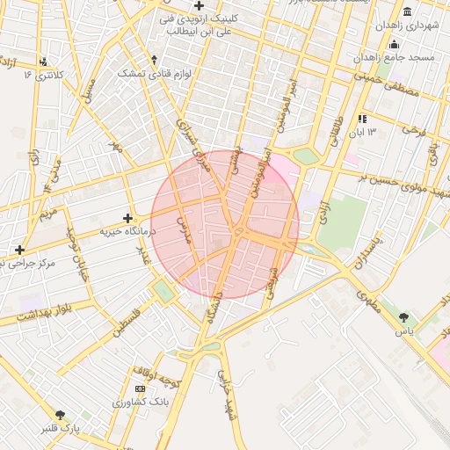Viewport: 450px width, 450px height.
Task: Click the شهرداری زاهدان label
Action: [x=418, y=26]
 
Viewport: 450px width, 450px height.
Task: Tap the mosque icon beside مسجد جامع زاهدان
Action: [x=394, y=44]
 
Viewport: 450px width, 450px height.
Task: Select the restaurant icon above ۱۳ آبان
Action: [x=362, y=118]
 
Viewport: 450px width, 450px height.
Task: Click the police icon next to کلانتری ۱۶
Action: [x=44, y=62]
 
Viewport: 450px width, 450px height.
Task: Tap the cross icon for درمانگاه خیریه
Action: [x=128, y=217]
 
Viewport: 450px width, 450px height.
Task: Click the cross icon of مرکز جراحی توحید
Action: [x=19, y=250]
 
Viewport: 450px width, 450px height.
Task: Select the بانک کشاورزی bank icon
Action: [x=140, y=388]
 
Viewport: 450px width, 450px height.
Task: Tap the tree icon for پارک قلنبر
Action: [x=60, y=415]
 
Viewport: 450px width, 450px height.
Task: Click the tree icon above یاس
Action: [x=403, y=317]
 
